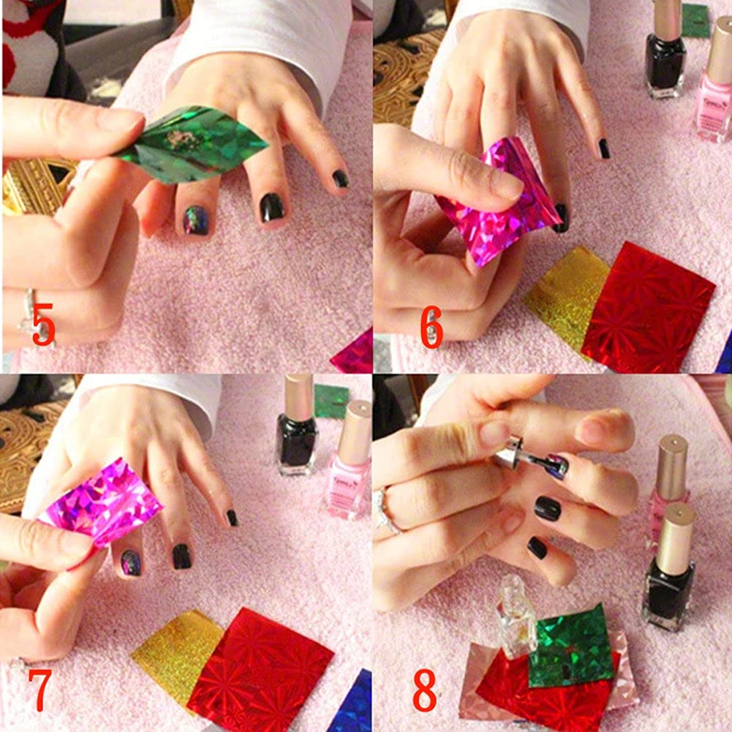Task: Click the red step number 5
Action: (x=42, y=325)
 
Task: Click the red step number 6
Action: (x=431, y=328)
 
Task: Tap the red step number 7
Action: (x=41, y=690)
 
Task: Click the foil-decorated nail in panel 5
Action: (x=196, y=219)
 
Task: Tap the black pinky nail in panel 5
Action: (x=340, y=178)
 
